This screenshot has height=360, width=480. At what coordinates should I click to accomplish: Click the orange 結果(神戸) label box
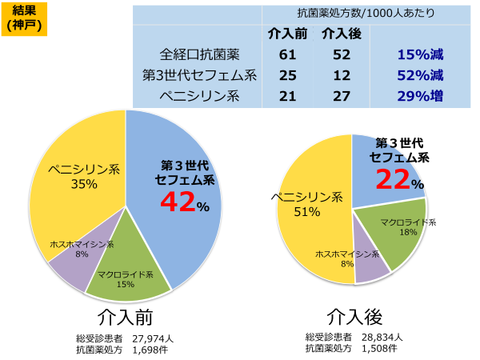pos(25,18)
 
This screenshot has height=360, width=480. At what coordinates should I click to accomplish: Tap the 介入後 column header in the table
pos(341,34)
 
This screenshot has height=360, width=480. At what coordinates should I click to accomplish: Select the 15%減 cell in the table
pos(419,55)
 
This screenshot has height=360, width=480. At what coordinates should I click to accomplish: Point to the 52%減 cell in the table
pos(419,76)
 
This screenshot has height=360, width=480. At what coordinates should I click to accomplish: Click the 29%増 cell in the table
pos(419,97)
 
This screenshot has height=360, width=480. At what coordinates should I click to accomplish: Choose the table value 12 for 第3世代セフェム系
pos(341,76)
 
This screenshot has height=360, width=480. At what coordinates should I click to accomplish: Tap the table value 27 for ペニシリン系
pos(341,97)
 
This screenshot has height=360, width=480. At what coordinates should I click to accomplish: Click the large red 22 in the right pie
pos(394,180)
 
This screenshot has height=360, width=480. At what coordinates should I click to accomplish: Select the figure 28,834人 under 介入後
pos(386,337)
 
